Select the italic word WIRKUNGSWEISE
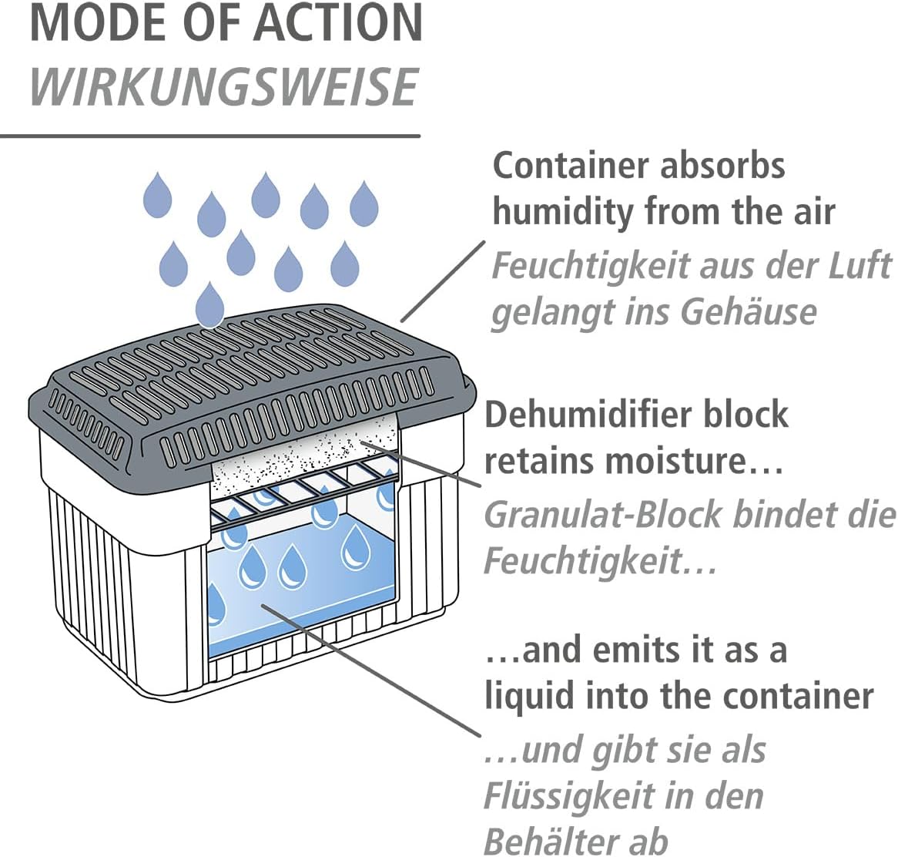[x=223, y=87]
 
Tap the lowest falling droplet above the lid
[x=209, y=304]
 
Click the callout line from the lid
[x=444, y=281]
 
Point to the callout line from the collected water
[x=370, y=670]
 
